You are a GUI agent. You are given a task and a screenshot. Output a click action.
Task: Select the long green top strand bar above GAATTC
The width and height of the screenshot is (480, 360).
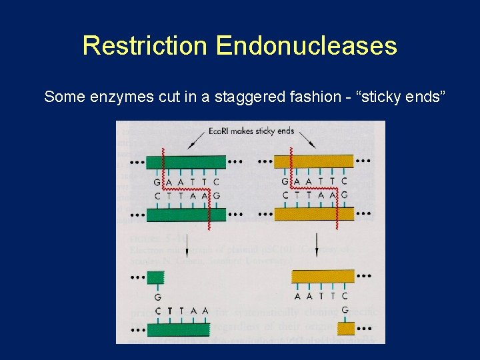tap(185, 161)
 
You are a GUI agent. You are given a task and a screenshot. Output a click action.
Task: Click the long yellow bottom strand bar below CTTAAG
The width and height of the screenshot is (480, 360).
tap(314, 215)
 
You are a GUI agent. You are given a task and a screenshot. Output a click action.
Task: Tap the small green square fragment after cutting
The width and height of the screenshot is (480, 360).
tap(155, 277)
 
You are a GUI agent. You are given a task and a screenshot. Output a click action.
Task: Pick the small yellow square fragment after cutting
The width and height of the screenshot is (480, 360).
tap(345, 328)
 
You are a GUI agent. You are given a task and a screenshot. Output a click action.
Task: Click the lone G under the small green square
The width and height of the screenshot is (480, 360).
tap(157, 297)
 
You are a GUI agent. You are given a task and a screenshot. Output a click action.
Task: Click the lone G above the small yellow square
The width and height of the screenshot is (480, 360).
tap(345, 310)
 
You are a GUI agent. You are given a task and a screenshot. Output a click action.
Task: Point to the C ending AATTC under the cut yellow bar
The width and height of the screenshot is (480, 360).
tap(345, 296)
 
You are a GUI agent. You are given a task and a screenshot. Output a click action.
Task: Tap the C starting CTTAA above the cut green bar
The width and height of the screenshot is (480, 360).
tap(157, 311)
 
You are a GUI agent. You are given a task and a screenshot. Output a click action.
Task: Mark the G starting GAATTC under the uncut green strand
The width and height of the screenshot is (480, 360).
tap(157, 181)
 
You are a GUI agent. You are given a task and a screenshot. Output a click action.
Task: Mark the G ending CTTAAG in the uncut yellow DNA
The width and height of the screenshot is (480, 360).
tap(344, 195)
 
